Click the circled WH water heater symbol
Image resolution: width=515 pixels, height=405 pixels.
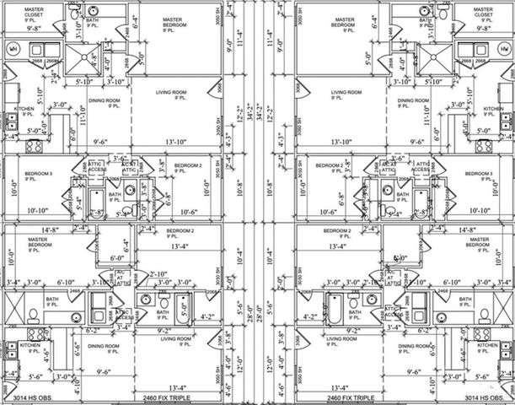[13, 50]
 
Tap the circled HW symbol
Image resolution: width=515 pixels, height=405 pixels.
[502, 50]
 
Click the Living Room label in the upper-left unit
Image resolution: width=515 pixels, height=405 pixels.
[171, 94]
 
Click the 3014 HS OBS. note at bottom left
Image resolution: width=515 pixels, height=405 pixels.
[33, 397]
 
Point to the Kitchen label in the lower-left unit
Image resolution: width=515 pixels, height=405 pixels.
[30, 348]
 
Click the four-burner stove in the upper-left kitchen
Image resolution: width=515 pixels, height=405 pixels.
[34, 145]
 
